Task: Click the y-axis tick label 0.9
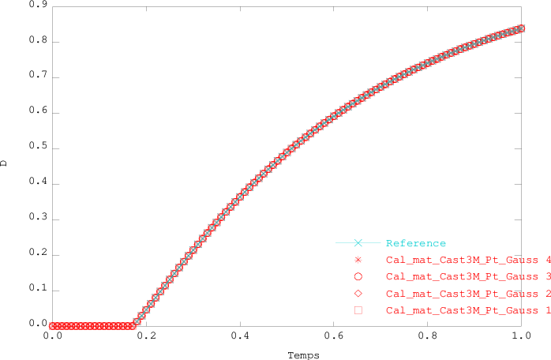coord(37,6)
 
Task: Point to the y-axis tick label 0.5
coord(37,148)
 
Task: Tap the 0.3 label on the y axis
coord(37,219)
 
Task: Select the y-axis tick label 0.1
coord(37,290)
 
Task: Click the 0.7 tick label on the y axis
coord(37,77)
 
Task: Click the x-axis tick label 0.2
coord(146,336)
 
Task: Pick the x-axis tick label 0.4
coord(240,336)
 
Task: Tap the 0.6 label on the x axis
coord(333,336)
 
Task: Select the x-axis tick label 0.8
coord(427,336)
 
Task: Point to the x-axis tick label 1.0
coord(520,336)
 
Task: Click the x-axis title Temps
coord(303,355)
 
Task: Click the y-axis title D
coord(6,163)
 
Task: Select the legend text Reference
coord(416,243)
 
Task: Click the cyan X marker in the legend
coord(358,243)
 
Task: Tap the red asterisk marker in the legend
coord(358,260)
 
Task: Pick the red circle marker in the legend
coord(358,277)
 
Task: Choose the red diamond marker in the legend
coord(358,294)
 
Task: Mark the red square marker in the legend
coord(358,310)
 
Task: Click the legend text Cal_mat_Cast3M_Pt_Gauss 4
coord(468,260)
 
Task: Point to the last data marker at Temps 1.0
coord(520,29)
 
